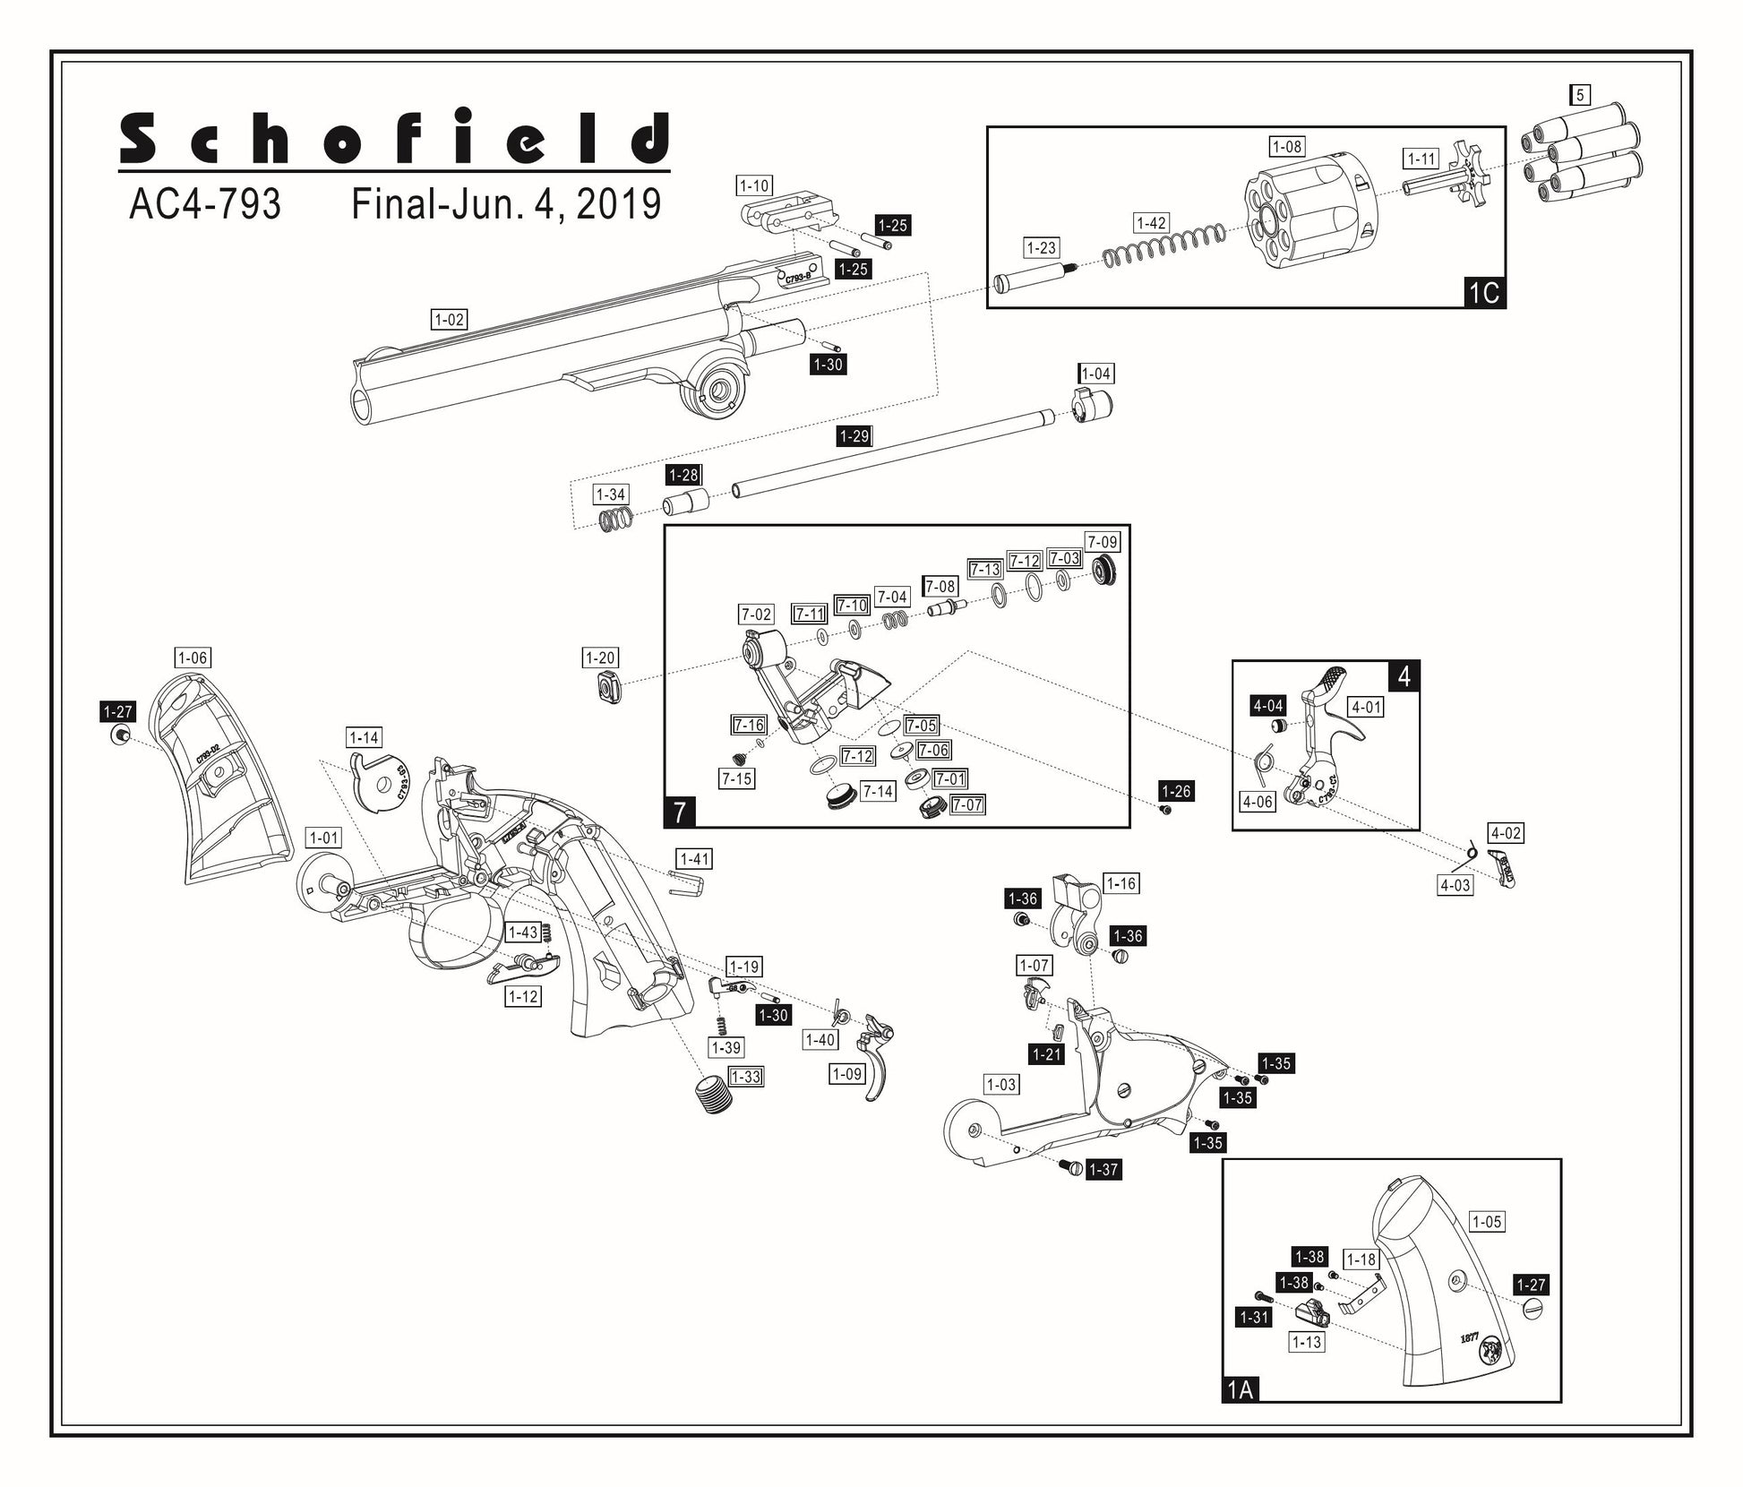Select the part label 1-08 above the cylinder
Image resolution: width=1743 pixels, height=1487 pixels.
tap(1287, 146)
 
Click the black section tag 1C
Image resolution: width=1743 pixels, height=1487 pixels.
tap(1483, 293)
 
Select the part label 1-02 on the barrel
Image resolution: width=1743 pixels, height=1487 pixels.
tap(449, 320)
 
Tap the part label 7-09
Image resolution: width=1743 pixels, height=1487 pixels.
tap(1102, 542)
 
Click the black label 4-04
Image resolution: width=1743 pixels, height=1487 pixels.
tap(1268, 706)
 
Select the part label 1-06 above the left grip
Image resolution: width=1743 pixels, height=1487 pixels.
tap(193, 658)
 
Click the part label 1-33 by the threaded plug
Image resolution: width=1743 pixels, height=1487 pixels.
tap(745, 1076)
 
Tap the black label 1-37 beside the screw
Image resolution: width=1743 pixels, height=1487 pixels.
tap(1103, 1169)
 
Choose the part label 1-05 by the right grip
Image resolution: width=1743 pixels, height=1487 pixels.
tap(1487, 1221)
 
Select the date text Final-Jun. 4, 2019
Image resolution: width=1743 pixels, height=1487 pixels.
tap(506, 204)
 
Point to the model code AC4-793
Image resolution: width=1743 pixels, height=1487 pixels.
tap(205, 204)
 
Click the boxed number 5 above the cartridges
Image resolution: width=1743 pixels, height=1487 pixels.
tap(1580, 94)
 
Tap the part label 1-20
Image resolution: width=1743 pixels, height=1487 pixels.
tap(599, 658)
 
